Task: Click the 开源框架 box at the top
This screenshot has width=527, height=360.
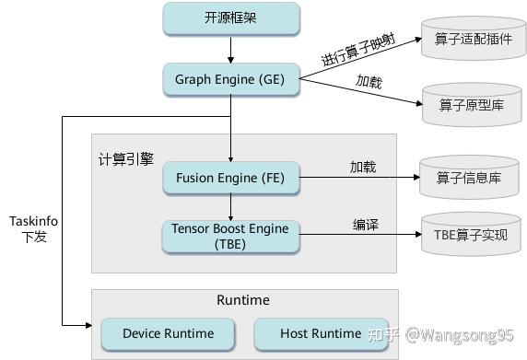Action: [231, 18]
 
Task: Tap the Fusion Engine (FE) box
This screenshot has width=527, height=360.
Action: [231, 176]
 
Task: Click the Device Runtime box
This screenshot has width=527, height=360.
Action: [168, 333]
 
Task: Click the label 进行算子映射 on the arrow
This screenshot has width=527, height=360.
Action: [357, 46]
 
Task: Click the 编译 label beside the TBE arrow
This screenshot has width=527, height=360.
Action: [366, 224]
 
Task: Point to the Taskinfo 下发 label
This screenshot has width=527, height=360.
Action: [33, 228]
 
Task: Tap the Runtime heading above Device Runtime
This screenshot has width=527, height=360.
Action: [242, 300]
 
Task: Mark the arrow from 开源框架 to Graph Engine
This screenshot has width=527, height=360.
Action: [231, 48]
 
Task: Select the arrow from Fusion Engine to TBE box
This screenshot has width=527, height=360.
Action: [231, 205]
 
